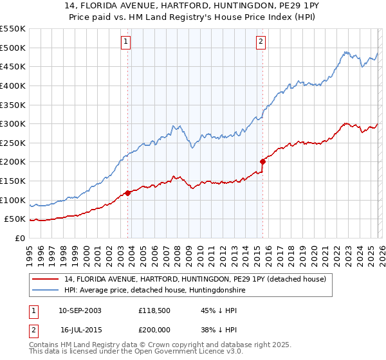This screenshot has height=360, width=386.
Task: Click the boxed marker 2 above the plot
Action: (261, 42)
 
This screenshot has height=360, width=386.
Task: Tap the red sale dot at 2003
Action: (128, 192)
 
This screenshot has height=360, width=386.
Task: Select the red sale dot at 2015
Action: (262, 161)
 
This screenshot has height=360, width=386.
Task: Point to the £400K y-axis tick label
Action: (13, 85)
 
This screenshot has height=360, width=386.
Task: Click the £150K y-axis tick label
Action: (13, 181)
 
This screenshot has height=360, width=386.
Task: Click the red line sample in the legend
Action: (46, 278)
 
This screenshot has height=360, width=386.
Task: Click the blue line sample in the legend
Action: (46, 291)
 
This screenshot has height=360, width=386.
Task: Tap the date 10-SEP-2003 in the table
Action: (80, 310)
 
